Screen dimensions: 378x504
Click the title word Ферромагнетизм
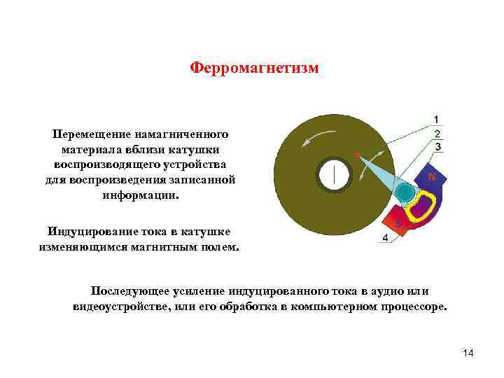click(254, 69)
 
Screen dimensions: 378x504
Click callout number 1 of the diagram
click(437, 119)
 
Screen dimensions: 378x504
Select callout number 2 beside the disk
click(437, 134)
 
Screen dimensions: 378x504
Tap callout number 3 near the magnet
click(437, 147)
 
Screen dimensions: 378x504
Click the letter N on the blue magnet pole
click(431, 178)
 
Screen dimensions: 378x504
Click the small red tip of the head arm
click(357, 154)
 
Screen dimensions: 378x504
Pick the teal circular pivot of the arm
click(404, 191)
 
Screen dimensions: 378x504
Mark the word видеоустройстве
click(125, 307)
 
